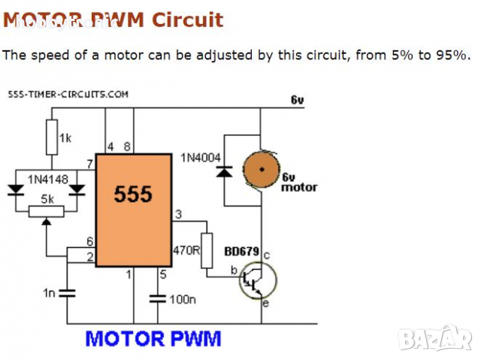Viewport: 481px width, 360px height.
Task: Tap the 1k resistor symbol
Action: pos(52,138)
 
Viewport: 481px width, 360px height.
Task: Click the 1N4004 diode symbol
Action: pos(223,171)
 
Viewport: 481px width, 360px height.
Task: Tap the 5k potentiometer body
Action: pos(47,210)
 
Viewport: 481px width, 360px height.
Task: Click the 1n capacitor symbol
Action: pos(67,292)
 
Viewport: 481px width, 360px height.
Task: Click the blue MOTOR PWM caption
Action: pos(153,338)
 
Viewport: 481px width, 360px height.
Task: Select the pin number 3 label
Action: pos(178,215)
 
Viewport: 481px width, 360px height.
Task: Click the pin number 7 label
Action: pos(89,163)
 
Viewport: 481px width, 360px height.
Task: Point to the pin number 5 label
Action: pos(163,274)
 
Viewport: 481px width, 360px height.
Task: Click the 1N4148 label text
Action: pos(47,180)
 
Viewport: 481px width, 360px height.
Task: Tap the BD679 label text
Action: pos(242,250)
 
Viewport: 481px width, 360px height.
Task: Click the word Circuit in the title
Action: pos(187,20)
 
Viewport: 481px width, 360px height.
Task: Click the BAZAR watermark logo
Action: pos(435,339)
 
